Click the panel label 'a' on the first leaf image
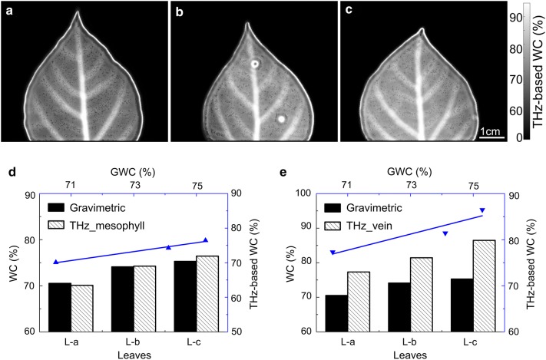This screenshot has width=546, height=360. pyautogui.click(x=8, y=10)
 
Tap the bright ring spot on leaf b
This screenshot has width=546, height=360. pyautogui.click(x=253, y=65)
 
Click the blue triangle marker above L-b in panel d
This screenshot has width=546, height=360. pyautogui.click(x=168, y=247)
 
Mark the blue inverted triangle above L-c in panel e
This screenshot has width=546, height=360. pyautogui.click(x=482, y=210)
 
